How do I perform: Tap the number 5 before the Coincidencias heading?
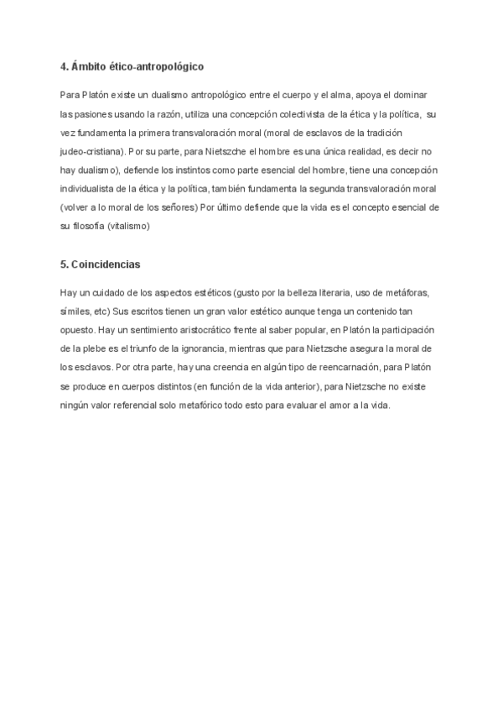(x=64, y=264)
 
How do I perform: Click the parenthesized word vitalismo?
(x=129, y=227)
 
